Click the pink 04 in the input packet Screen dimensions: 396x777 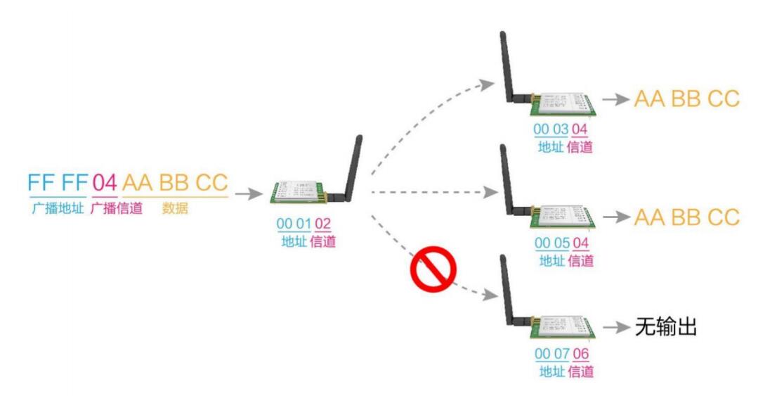pos(104,183)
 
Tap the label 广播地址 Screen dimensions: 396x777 pos(57,208)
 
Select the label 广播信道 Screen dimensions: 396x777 pos(117,208)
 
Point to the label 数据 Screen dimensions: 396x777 pos(175,208)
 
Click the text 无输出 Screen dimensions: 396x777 pos(665,327)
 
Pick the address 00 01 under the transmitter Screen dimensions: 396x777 pos(294,224)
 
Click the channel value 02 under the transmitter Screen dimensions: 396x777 pos(322,224)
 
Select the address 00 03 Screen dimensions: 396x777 pos(551,129)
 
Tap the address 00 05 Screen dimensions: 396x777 pos(551,243)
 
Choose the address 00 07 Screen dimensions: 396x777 pos(551,354)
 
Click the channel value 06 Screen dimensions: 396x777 pos(580,354)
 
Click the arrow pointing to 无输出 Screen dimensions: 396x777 pos(616,328)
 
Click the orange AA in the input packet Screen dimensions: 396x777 pos(138,183)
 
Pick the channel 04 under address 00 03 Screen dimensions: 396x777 pos(580,129)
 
